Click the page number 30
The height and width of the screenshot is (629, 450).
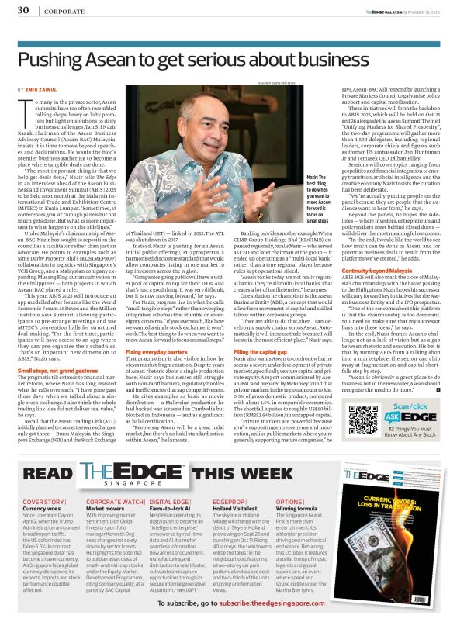pyautogui.click(x=23, y=10)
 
